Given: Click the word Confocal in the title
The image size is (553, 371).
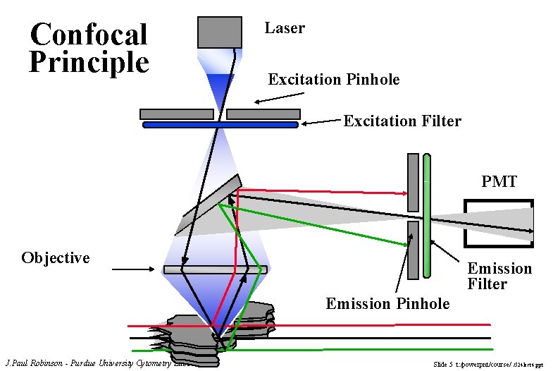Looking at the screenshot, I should point(89,34).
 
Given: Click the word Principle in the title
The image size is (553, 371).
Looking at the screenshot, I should point(89,62).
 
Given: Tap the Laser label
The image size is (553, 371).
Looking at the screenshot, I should point(285,28).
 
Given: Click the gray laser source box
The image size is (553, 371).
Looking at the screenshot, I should point(218,32).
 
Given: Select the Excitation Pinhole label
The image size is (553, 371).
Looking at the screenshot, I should point(333,80).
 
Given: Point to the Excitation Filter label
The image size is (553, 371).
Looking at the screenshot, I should point(402,121).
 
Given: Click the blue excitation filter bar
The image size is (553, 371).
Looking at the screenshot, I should point(220,125).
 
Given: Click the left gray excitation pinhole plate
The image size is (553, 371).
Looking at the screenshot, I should point(176,114).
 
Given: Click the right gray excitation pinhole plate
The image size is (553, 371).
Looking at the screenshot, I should point(263,114).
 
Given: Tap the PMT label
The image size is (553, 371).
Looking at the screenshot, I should point(499,182).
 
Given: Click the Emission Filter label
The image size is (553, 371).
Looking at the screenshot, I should point(499,276).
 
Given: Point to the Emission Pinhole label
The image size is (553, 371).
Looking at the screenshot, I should point(387,304).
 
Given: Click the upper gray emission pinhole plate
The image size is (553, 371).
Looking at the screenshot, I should point(413,182).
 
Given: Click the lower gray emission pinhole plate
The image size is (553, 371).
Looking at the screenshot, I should point(413,250).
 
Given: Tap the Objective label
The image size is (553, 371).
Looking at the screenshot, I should point(56,257).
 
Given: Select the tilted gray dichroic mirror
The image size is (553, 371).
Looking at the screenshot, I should point(209,204).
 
